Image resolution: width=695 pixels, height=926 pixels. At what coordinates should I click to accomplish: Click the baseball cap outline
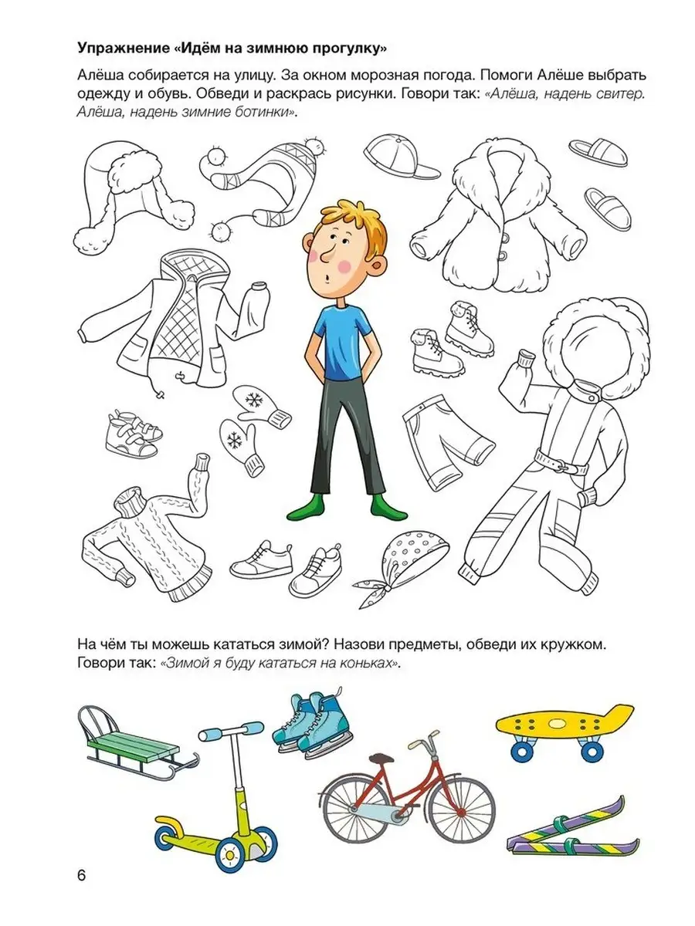pyautogui.click(x=402, y=157)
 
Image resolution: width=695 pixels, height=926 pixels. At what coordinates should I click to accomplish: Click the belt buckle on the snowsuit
pyautogui.click(x=561, y=465)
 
